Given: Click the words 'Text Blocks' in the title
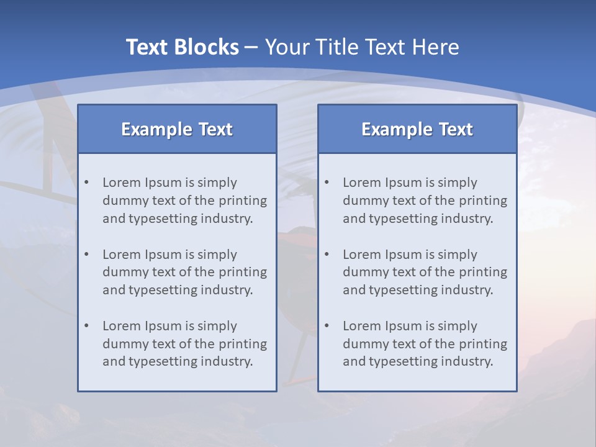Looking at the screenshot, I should pos(182,47).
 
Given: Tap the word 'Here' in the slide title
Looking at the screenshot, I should pos(436,47).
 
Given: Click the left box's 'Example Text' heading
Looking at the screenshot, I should pos(177,129).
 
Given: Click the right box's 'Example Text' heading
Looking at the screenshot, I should pos(417,129).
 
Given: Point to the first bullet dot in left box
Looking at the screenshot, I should pos(87,183).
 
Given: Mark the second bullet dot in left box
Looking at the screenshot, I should pos(87,255).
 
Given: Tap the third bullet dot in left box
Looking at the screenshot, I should pos(87,326).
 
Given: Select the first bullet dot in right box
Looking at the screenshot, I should pos(327,183).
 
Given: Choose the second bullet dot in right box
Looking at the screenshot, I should pos(327,255).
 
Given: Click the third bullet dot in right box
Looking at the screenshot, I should pos(327,326).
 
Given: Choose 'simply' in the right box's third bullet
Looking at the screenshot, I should pos(458,326).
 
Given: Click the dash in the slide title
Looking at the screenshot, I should pos(251,47).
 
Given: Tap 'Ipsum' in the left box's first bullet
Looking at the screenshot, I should pos(162,183).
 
